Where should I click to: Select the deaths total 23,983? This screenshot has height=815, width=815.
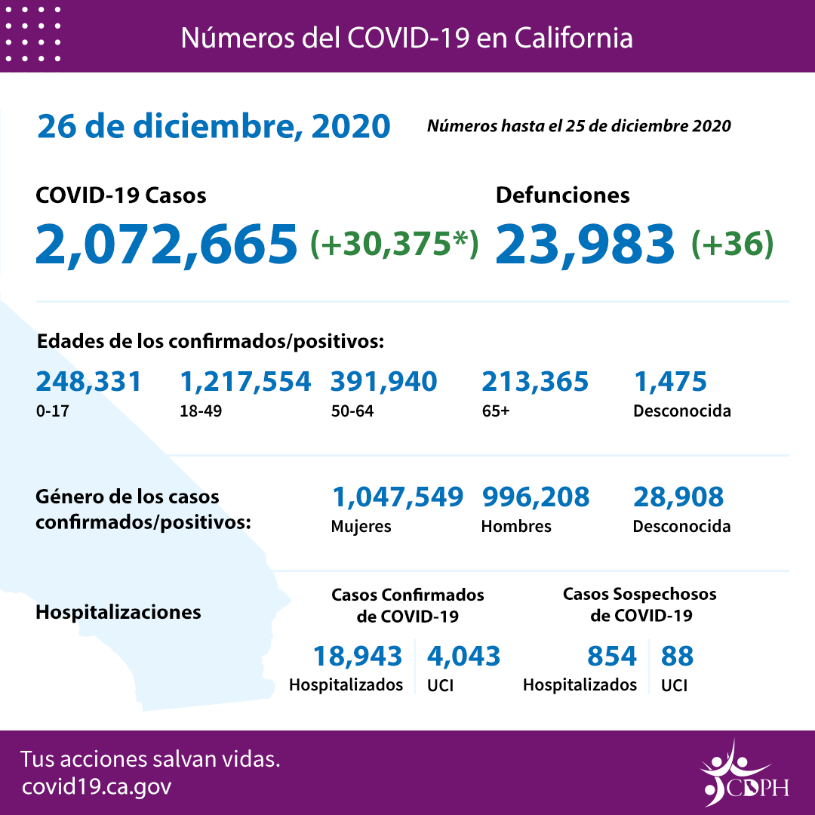point(585,244)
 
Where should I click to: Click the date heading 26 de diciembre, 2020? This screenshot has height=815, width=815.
point(214,127)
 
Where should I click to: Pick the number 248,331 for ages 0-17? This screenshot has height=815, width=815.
point(88,382)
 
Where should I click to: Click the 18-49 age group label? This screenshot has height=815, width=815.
point(197,412)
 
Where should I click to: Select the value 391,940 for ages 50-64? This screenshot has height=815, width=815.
point(383,382)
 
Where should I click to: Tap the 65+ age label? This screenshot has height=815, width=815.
point(494,412)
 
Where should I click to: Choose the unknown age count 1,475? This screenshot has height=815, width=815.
point(669,382)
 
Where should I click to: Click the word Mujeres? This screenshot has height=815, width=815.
point(361,527)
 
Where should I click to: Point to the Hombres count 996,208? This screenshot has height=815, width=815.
point(535,497)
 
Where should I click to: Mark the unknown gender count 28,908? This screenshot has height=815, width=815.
point(678,497)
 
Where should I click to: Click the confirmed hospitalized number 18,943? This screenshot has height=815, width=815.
point(358,657)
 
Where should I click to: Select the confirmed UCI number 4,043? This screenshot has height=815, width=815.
point(463,657)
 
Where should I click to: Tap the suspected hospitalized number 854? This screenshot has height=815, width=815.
point(611,657)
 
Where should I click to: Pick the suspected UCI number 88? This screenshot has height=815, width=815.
point(677,657)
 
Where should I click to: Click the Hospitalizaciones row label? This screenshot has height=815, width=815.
point(118,612)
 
